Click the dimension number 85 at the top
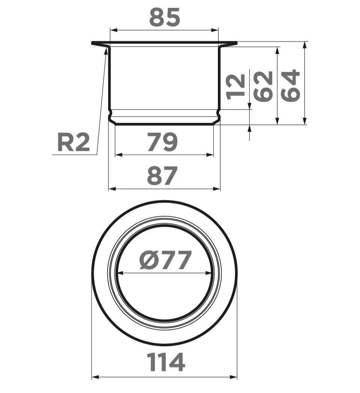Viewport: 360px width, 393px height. pos(165,17)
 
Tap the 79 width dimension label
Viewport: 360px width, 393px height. pos(162,142)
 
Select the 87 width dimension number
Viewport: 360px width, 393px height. pos(162,176)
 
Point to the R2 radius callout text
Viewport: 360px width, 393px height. pos(73,142)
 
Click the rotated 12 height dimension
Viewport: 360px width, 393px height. pos(235,87)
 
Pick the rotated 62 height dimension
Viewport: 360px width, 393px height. pos(263,87)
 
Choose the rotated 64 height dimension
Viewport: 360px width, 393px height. pos(290,85)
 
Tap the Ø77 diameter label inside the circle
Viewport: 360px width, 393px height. pos(165,260)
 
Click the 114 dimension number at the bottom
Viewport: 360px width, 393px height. pos(166,362)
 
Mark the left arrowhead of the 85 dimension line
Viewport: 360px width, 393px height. pos(114,30)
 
